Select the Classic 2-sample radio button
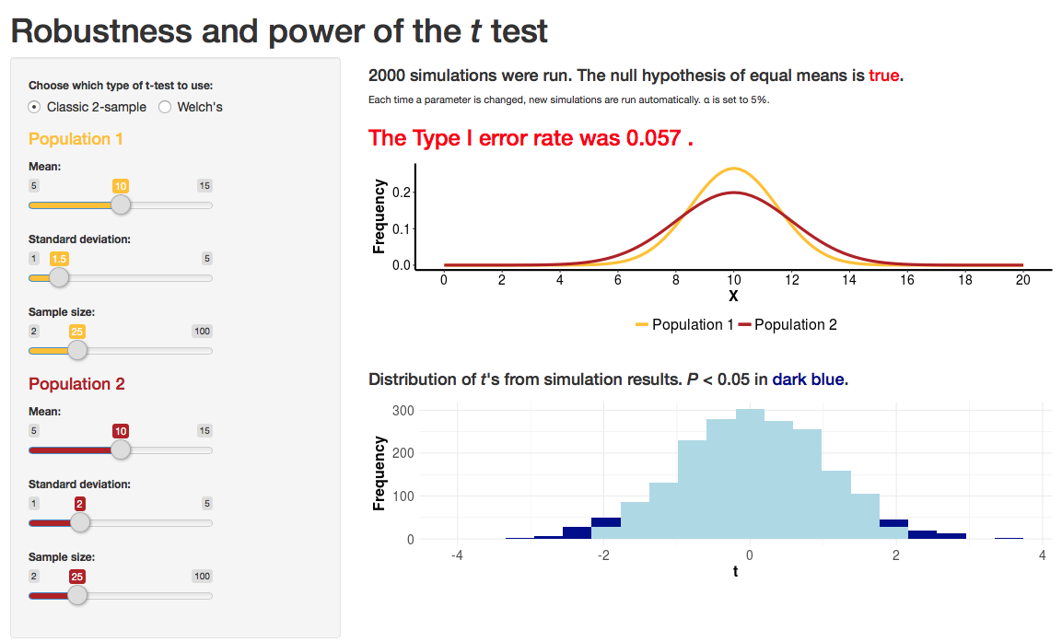pyautogui.click(x=35, y=107)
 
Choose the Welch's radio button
pyautogui.click(x=166, y=107)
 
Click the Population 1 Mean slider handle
pyautogui.click(x=121, y=204)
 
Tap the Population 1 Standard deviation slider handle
pyautogui.click(x=58, y=277)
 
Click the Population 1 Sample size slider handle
pyautogui.click(x=77, y=350)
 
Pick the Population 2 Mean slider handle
pyautogui.click(x=121, y=449)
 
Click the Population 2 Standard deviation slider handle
pyautogui.click(x=80, y=522)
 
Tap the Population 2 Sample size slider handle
pyautogui.click(x=77, y=595)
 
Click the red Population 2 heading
pyautogui.click(x=76, y=384)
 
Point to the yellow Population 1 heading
pyautogui.click(x=76, y=139)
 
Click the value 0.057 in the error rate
pyautogui.click(x=654, y=138)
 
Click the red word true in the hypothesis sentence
pyautogui.click(x=883, y=76)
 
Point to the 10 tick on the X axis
pyautogui.click(x=734, y=279)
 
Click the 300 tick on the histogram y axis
pyautogui.click(x=403, y=410)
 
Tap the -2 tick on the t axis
pyautogui.click(x=603, y=555)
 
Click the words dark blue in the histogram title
pyautogui.click(x=809, y=379)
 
